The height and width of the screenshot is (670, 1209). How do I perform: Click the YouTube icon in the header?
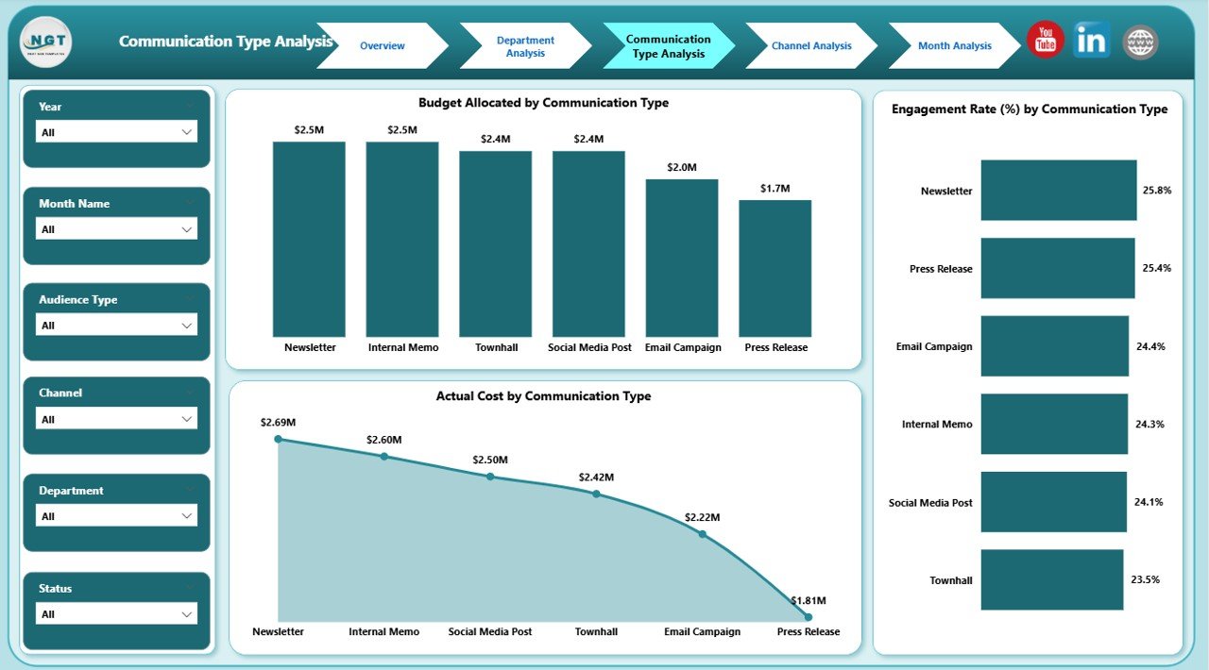tap(1045, 41)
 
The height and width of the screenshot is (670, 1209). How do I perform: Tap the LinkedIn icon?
tap(1091, 41)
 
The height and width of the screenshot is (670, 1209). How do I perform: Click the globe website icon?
tap(1140, 42)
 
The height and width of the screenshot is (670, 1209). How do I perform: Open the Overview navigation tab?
tap(382, 46)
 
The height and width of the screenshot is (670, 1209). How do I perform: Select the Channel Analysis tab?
tap(810, 46)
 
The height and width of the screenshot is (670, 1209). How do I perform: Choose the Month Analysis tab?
tap(954, 46)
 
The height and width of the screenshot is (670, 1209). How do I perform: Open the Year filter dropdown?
tap(116, 132)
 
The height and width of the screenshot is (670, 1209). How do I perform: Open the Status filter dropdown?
tap(116, 614)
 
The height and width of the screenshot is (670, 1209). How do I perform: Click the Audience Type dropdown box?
tap(116, 326)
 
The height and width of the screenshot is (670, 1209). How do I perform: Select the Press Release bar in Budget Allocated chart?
tap(775, 268)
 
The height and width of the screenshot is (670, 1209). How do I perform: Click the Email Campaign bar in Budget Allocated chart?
tap(682, 258)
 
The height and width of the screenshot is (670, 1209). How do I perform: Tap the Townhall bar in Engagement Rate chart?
tap(1051, 579)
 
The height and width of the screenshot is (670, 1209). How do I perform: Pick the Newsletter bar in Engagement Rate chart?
tap(1058, 190)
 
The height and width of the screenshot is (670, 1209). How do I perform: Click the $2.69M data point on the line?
tap(278, 439)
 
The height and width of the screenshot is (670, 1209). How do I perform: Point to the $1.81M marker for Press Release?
tap(808, 617)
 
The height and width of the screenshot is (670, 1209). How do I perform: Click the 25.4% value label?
tap(1156, 268)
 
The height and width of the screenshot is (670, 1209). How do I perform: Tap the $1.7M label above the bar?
tap(775, 189)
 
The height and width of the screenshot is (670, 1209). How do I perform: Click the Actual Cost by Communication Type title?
tap(543, 396)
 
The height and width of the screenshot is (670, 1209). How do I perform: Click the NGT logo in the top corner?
tap(45, 42)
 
